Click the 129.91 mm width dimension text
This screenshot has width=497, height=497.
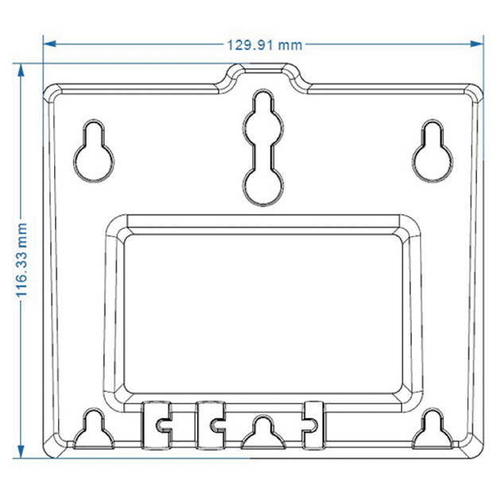pyautogui.click(x=266, y=45)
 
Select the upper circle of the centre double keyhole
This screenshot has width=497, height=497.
pyautogui.click(x=263, y=118)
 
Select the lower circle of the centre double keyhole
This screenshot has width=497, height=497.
pyautogui.click(x=263, y=184)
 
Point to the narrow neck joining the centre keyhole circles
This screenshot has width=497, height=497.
pyautogui.click(x=263, y=151)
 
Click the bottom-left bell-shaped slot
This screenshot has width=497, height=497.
pyautogui.click(x=93, y=431)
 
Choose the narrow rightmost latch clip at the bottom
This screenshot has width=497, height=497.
pyautogui.click(x=315, y=422)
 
